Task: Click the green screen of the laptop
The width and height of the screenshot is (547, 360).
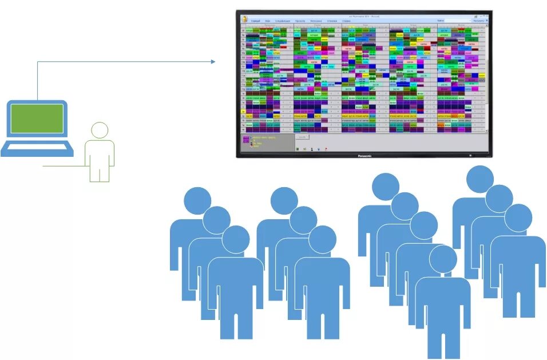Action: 38,118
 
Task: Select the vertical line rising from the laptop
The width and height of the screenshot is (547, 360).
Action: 38,80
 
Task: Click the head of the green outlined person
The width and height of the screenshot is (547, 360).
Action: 100,130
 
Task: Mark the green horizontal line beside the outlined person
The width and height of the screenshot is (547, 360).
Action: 63,167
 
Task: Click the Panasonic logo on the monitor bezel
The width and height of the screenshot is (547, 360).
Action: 364,155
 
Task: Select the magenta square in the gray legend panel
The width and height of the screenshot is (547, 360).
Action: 245,139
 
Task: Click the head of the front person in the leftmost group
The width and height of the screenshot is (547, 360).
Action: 236,240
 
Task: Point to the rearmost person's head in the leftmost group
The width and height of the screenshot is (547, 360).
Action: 197,200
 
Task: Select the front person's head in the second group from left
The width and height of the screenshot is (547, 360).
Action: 322,239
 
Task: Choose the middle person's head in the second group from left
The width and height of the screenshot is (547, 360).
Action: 303,220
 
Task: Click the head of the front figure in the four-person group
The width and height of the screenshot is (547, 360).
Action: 443,259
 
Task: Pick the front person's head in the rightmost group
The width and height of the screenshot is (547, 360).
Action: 518,218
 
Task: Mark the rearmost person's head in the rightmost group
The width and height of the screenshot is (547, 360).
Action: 479,180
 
